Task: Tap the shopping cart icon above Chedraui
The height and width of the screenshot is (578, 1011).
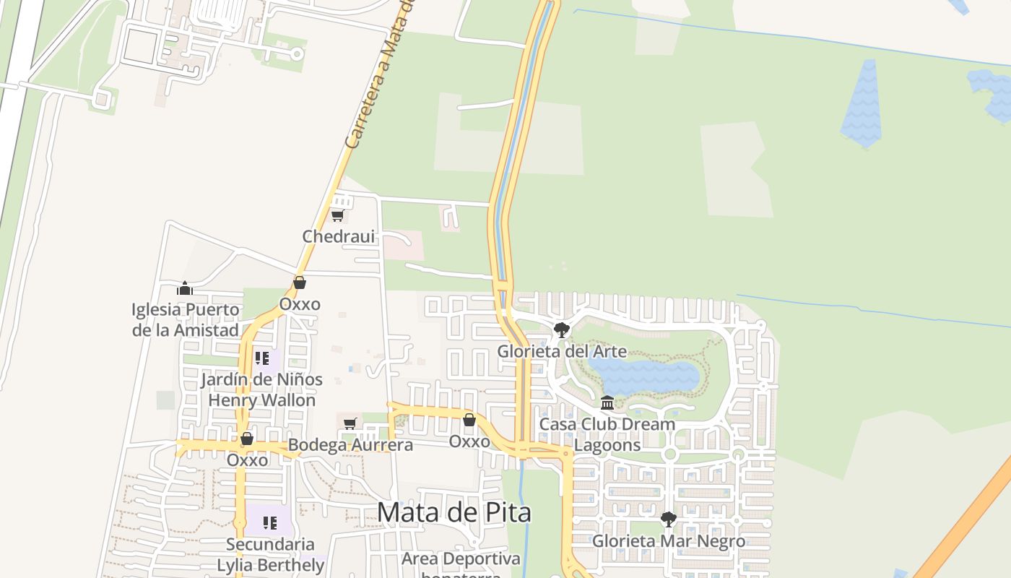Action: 337,215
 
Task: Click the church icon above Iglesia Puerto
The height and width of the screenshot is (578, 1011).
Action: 185,289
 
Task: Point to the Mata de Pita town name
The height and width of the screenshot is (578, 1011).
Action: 454,512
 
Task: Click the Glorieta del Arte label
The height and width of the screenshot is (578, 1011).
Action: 562,352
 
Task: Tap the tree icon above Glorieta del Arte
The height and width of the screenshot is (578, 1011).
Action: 561,331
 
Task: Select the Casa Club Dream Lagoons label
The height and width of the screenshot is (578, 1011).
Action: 607,434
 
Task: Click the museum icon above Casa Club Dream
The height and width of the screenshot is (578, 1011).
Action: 607,402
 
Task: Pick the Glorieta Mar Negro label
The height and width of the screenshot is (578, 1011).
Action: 669,541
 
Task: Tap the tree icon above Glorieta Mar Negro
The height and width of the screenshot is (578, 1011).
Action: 669,519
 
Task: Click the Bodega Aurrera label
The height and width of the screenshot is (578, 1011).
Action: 350,445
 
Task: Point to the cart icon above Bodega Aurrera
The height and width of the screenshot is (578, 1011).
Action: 350,423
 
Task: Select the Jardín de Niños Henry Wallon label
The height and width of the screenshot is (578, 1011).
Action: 261,389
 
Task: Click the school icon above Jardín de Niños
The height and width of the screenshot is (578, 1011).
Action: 262,358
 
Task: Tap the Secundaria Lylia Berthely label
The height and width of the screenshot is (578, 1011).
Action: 270,554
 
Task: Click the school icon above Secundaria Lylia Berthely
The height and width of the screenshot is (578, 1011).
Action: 270,522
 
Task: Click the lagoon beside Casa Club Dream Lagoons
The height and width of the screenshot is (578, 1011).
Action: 645,376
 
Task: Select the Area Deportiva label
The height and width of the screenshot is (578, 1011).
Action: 461,559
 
